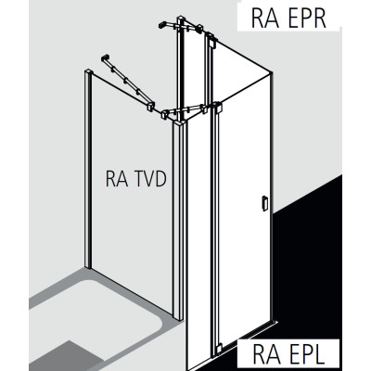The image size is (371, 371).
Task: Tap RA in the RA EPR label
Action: [x=262, y=18]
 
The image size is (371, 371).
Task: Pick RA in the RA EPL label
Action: [x=263, y=354]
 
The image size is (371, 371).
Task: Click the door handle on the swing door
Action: [x=264, y=203]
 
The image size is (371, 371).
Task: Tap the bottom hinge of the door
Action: [x=219, y=349]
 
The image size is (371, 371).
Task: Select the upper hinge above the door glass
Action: [x=217, y=108]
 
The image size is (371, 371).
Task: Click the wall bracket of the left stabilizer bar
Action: [x=105, y=58]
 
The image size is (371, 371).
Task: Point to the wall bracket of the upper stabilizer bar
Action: [x=162, y=25]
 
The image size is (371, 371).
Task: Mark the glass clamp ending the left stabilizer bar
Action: [x=150, y=106]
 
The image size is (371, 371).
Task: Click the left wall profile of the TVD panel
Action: [x=88, y=169]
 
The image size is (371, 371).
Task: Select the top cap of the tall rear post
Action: [x=181, y=19]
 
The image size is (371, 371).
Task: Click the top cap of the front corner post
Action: [x=180, y=123]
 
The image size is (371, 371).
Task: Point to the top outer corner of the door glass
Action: [x=272, y=72]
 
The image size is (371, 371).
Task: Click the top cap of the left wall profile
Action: [x=88, y=71]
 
